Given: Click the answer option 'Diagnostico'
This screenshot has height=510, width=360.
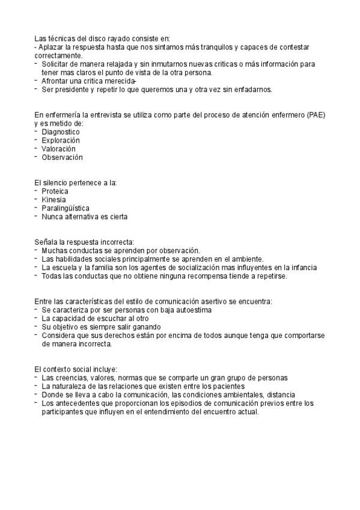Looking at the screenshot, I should coord(61,132).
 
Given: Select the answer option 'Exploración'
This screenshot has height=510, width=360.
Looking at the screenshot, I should coord(61,140).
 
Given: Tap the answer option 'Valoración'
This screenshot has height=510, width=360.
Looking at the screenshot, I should coord(59,149).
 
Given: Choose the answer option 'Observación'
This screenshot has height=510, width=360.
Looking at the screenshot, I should coord(62,157).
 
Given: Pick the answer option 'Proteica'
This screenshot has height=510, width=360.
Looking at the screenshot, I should coord(55,191).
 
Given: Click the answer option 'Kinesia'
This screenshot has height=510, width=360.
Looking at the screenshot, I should coord(54,199).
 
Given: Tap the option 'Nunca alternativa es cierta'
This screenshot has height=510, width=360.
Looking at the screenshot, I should coord(84,216).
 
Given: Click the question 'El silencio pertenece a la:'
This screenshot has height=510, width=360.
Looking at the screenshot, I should coord(76,182).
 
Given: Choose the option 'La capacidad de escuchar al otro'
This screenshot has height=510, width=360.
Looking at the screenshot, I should coord(96,318).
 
